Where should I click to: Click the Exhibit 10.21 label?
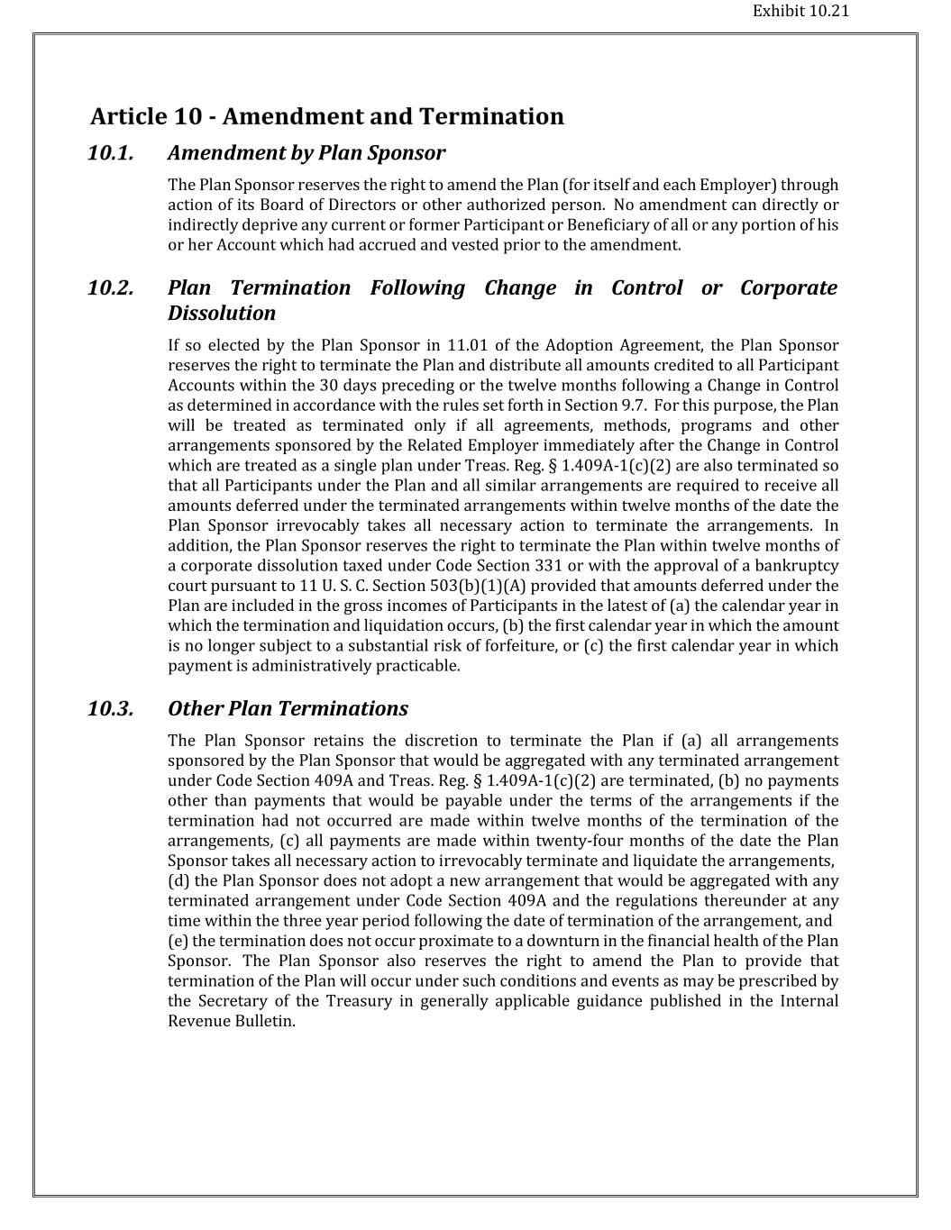pos(800,12)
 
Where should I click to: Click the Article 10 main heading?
pos(326,117)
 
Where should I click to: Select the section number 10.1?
pos(110,153)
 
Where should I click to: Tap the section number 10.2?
pos(110,288)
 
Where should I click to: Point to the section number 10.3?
pos(110,709)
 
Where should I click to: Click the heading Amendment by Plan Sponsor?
pos(306,153)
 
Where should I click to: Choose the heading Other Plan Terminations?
pos(288,709)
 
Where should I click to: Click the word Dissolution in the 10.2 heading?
pos(221,314)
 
